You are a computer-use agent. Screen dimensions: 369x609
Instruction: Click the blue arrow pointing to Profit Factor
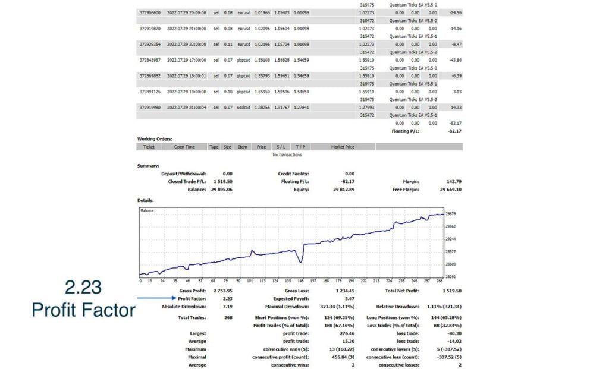click(156, 298)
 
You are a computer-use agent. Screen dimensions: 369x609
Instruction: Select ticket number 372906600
click(150, 12)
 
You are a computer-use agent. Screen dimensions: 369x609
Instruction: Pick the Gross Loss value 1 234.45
click(344, 291)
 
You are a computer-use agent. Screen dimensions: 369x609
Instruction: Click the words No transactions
click(287, 155)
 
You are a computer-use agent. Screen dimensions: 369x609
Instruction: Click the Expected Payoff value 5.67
click(349, 298)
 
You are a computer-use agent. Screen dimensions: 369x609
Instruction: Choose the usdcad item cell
click(243, 107)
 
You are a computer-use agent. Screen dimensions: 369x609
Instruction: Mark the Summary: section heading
click(148, 166)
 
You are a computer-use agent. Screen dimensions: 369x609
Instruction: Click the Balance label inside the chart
click(147, 211)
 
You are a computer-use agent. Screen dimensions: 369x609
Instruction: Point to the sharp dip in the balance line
click(302, 260)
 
